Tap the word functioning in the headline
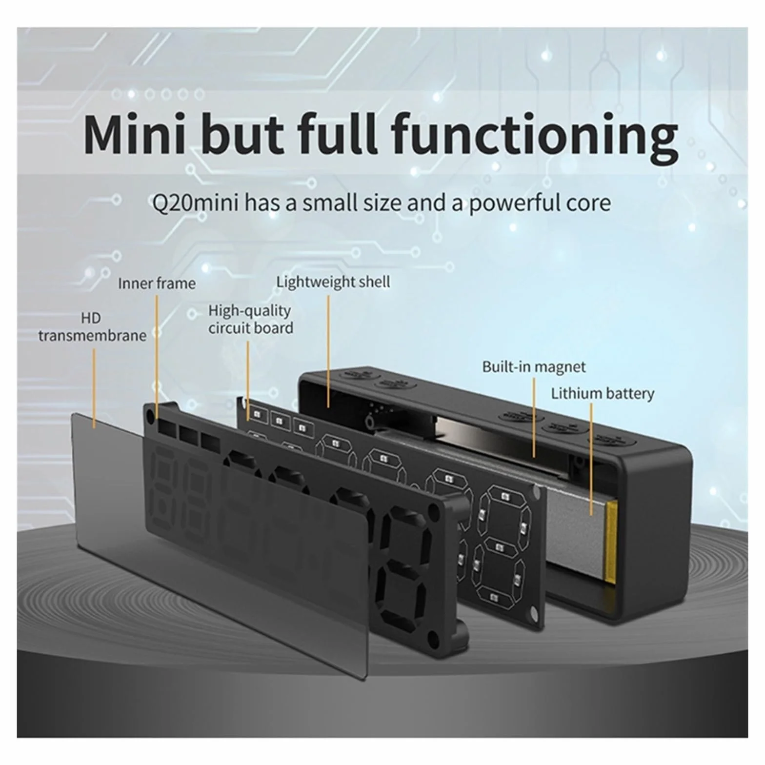535,137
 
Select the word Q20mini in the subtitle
195,203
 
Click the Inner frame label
157,283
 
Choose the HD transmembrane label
92,327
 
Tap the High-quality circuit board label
251,319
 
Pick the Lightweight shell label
333,282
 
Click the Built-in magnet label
534,366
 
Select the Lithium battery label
603,393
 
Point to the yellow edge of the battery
611,542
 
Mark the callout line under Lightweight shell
328,351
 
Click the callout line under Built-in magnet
534,418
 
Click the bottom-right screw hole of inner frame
432,635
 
